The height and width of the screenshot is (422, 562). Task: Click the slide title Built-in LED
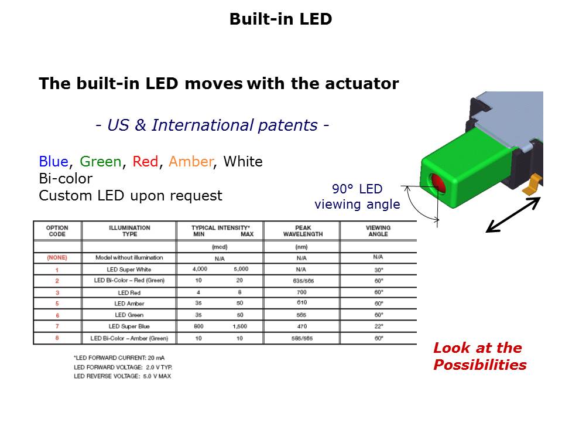280,19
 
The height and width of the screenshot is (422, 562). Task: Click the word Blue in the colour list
53,161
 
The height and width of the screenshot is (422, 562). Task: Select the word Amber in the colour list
190,161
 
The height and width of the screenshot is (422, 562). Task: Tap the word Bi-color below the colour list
66,178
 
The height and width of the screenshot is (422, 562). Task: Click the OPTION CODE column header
57,231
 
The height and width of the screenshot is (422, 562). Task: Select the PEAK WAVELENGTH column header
301,231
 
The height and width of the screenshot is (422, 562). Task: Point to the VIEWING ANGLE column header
378,231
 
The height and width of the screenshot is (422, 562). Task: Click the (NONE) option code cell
57,258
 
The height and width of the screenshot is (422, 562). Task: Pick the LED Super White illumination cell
129,269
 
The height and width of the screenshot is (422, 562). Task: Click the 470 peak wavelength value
301,326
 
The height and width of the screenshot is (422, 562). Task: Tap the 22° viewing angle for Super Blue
378,326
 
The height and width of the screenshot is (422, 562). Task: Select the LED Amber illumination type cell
129,304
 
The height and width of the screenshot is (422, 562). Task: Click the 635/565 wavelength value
301,281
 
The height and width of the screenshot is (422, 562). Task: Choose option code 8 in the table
57,338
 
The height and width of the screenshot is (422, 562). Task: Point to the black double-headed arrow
513,215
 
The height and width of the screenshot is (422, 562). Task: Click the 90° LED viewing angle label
357,197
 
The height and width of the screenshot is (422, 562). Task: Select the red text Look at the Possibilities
479,356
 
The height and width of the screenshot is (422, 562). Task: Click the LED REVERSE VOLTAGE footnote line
122,376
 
